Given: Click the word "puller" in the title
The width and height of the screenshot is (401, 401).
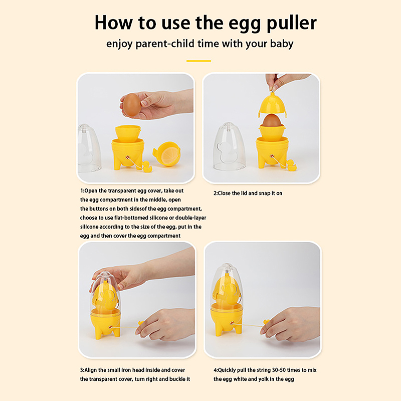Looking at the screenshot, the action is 292,24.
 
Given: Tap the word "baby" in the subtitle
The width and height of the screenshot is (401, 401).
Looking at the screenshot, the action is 282,44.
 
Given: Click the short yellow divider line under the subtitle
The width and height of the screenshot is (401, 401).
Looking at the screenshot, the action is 198,61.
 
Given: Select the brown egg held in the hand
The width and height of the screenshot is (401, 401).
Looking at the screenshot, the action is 132,105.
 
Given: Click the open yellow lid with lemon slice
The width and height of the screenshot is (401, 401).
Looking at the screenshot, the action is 167,154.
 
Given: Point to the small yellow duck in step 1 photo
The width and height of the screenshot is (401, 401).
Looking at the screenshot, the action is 147,167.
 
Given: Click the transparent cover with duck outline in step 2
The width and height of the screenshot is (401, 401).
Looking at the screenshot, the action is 229,146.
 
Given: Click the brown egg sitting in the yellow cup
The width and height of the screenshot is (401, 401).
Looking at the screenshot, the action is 272,120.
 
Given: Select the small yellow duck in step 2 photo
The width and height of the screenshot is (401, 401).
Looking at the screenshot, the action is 292,165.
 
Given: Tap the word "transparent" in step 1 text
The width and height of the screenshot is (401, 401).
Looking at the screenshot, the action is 122,191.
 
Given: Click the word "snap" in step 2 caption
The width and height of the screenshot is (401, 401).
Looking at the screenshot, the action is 264,193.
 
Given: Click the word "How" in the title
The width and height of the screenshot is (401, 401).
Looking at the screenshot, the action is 114,23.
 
